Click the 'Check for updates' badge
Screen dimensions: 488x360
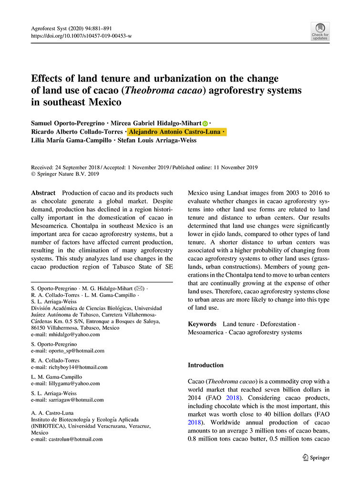tap(320, 31)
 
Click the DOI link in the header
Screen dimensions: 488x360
tap(82, 36)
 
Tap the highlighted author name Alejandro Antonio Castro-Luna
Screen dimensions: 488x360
tap(176, 132)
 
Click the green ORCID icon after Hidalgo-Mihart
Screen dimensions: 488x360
tap(205, 123)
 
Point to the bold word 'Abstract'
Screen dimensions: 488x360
tap(43, 193)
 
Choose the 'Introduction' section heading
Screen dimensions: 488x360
tap(206, 365)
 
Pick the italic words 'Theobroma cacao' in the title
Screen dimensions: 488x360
tap(176, 90)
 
